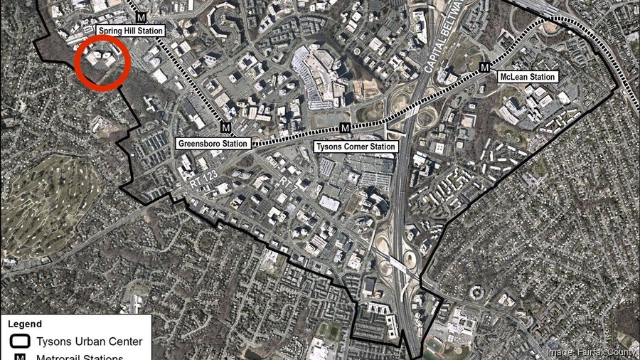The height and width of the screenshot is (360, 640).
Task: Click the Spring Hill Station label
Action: (x=131, y=31)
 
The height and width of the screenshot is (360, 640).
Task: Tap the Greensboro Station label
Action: (x=213, y=144)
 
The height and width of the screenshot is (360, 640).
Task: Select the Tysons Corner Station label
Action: (x=355, y=147)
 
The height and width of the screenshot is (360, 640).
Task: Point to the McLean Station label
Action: (x=526, y=77)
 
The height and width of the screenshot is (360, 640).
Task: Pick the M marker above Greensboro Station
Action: (x=225, y=128)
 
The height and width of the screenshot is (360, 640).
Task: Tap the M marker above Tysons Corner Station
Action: (x=345, y=128)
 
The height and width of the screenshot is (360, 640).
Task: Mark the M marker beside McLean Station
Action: (x=485, y=67)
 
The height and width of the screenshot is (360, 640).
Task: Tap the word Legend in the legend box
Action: (x=26, y=324)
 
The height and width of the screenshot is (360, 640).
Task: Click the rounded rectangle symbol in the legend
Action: (x=20, y=342)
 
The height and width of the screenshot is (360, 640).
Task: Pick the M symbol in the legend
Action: (x=20, y=356)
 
